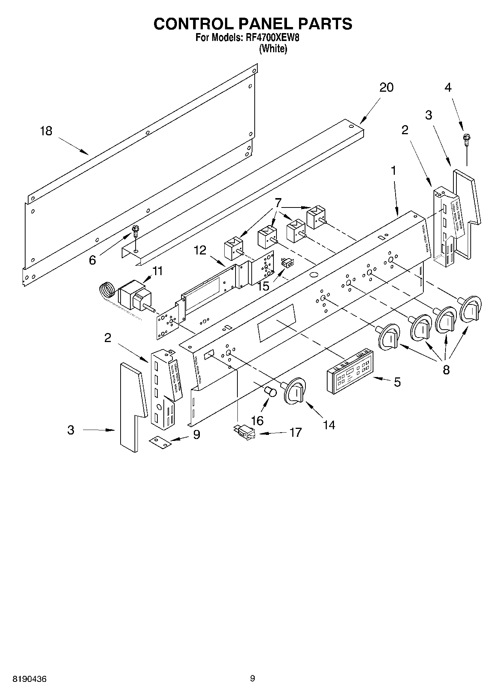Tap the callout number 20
(x=386, y=88)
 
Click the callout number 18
(x=46, y=131)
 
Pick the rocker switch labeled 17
(x=244, y=432)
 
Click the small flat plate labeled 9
(x=160, y=442)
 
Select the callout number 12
(x=200, y=250)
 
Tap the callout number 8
(x=446, y=369)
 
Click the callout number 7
(x=278, y=203)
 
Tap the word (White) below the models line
(x=273, y=49)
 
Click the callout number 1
(x=393, y=171)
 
